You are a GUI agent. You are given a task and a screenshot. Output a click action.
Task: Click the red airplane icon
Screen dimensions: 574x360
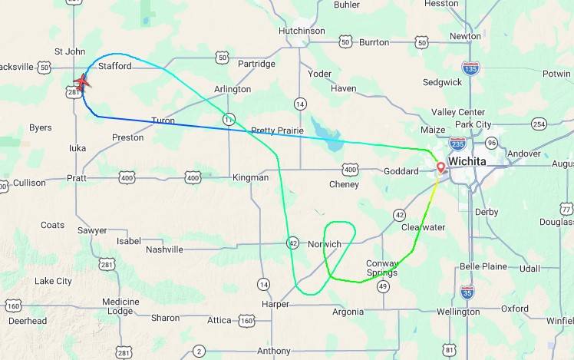(81, 82)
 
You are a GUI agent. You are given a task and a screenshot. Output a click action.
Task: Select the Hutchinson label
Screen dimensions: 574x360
(302, 31)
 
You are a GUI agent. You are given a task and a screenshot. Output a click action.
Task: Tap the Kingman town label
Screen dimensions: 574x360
(250, 177)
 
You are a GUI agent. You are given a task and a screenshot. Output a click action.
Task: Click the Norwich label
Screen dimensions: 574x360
(324, 244)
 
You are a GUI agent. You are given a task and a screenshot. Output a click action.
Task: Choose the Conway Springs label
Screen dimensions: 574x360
(382, 268)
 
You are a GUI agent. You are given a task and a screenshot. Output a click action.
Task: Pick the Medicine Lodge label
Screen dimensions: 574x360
(120, 306)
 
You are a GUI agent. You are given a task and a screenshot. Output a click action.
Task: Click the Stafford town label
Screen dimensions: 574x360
(114, 66)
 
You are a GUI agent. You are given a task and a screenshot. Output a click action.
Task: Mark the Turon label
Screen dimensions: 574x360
(163, 121)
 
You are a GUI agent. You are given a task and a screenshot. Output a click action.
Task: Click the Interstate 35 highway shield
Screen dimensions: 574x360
(467, 291)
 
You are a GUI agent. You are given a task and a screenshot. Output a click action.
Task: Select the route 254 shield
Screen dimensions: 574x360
(539, 124)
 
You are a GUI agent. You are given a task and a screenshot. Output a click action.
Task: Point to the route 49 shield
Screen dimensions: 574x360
(383, 286)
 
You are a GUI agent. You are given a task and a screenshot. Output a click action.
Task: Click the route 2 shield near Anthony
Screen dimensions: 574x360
(200, 351)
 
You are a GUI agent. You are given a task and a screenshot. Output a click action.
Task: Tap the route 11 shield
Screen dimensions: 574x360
(229, 119)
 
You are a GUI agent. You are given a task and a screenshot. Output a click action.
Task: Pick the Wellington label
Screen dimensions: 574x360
(457, 312)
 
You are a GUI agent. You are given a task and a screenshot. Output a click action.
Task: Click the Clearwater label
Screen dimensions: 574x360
(423, 227)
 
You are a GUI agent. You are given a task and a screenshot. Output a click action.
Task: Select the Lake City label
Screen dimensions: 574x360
(53, 281)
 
